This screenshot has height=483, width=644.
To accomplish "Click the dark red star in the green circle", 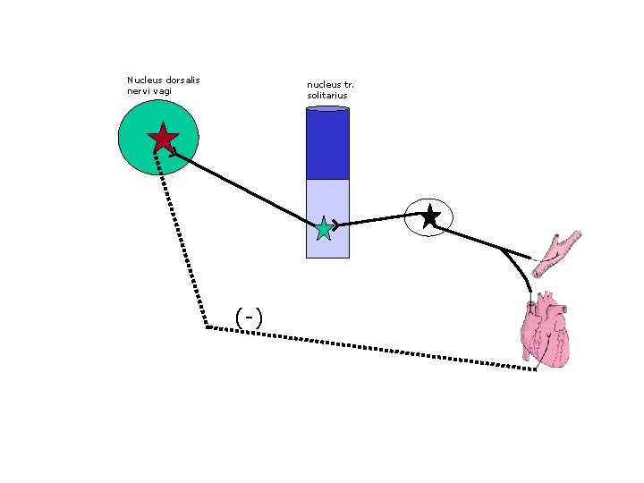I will coord(163,138).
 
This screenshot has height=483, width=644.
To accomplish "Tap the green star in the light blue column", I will coord(323,229).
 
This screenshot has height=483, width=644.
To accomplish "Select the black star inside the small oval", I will coord(429,216).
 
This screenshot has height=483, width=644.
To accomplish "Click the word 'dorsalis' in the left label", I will coord(182,80).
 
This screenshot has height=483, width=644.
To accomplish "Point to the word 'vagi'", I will coord(161,91).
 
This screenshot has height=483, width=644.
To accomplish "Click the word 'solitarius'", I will coord(326,95).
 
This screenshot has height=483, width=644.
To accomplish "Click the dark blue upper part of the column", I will coord(327,143).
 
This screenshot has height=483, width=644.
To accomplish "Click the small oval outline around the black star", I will coord(411,208).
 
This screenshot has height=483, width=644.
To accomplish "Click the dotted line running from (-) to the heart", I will coord(376,347).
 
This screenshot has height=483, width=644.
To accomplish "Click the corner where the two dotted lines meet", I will coord(206,327).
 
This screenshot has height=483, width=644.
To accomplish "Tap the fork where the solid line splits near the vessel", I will coord(503,250).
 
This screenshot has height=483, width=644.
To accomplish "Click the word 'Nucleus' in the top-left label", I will coord(142,80).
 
